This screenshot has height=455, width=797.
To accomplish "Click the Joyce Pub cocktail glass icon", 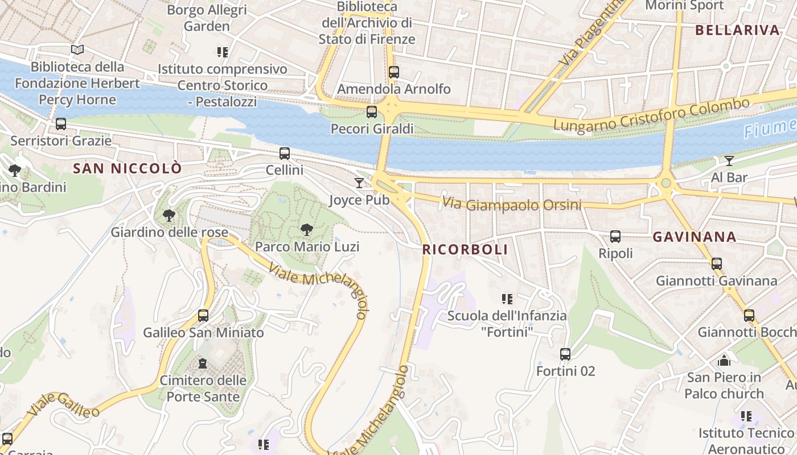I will point(359,183).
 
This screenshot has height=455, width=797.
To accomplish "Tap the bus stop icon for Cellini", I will point(285,153).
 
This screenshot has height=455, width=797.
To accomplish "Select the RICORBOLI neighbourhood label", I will point(465,250).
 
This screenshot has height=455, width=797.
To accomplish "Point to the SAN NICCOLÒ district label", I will point(128,168).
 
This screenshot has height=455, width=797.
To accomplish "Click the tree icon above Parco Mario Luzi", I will point(307,230).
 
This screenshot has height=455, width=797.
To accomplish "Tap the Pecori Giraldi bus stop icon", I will point(372,112).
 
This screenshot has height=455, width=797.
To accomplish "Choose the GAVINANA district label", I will point(695,237).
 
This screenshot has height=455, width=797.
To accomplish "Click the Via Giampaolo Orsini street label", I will point(511,204).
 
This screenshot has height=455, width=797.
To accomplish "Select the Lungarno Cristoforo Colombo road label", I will point(651,115).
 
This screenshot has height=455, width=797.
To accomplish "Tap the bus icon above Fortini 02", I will point(565,354).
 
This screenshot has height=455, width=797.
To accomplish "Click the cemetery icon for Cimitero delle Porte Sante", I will point(203,363).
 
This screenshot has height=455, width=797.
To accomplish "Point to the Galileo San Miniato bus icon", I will point(203,316).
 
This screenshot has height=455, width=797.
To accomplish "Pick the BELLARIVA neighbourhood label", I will point(737,31).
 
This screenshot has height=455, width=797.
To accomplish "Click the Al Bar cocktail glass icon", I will point(729,160).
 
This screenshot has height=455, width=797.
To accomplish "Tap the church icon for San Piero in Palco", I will point(724,361).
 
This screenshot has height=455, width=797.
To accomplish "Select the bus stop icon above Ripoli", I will point(615,237).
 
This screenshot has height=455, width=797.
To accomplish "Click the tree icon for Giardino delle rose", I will point(169,216).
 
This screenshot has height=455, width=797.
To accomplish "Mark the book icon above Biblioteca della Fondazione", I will point(77,50).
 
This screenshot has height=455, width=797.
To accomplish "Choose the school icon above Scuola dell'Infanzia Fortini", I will point(507,299).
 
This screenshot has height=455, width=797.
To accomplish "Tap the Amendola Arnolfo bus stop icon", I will point(394,72).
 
